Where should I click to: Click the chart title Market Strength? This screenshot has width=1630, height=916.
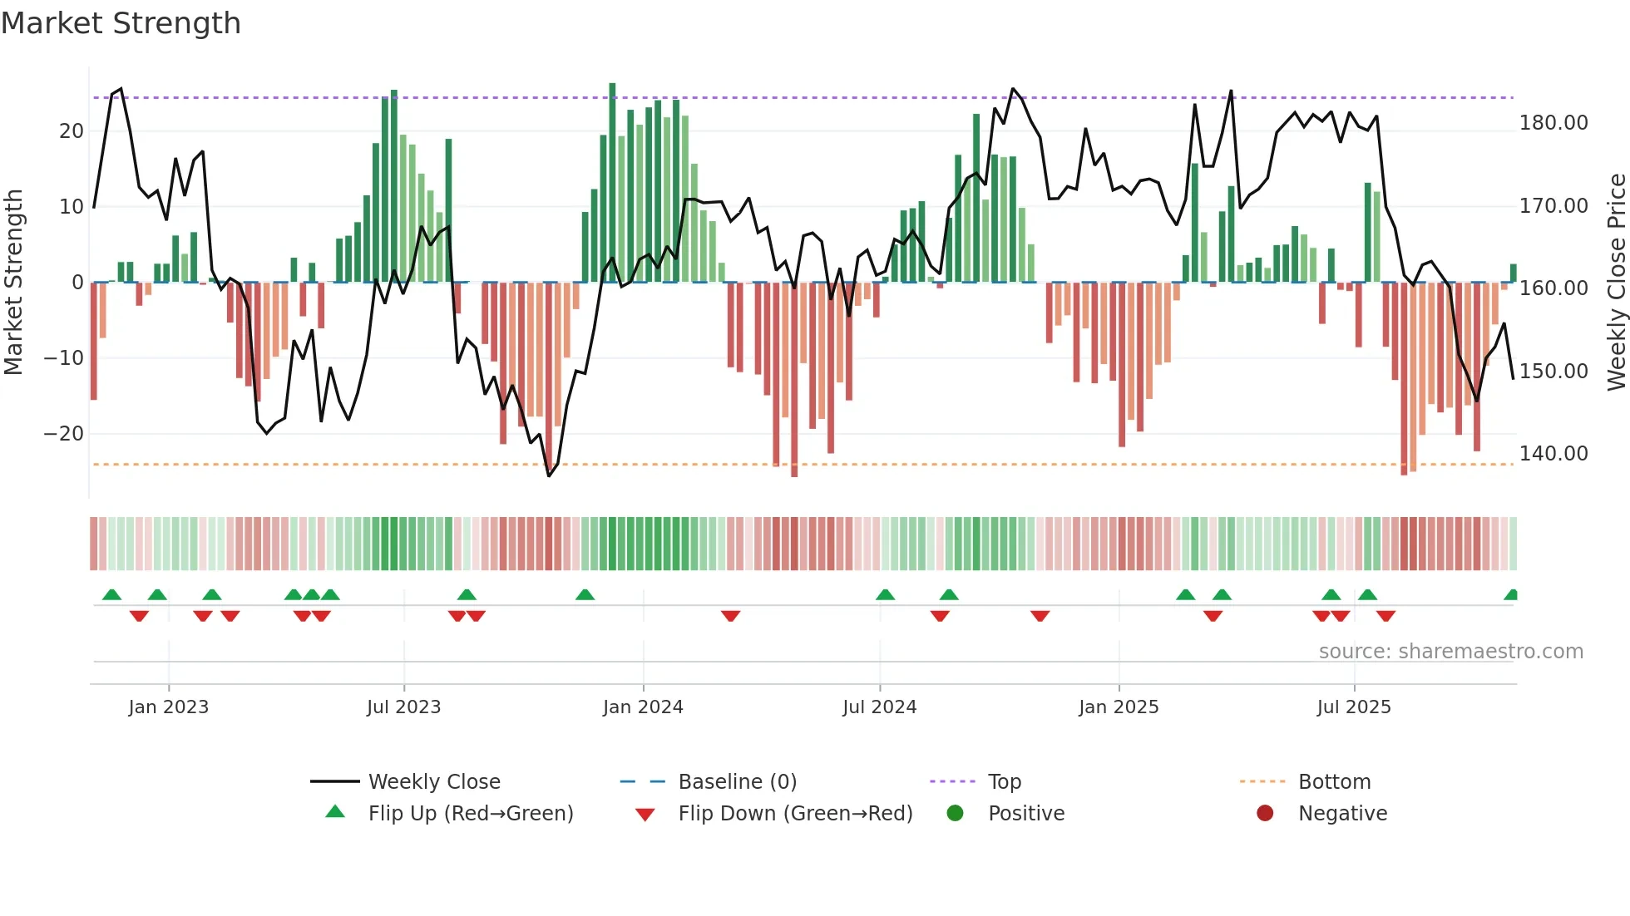coord(121,23)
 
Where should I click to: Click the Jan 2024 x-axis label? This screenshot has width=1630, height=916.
coord(643,707)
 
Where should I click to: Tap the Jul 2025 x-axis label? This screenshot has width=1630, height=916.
coord(1354,707)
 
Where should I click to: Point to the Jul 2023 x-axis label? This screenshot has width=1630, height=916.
coord(403,707)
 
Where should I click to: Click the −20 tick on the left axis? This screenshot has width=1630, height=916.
coord(64,433)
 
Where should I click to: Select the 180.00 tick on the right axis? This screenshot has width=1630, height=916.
coord(1553,123)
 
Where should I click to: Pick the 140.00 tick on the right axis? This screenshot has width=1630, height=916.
coord(1553,453)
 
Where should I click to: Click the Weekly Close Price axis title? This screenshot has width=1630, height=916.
coord(1616,282)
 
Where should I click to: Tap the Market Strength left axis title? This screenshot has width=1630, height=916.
coord(14,282)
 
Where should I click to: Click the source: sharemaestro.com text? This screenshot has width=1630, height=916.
coord(1450,651)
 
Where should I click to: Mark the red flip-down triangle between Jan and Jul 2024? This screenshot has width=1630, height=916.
coord(730,616)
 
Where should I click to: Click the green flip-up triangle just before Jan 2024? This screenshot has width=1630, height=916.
coord(585,594)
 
